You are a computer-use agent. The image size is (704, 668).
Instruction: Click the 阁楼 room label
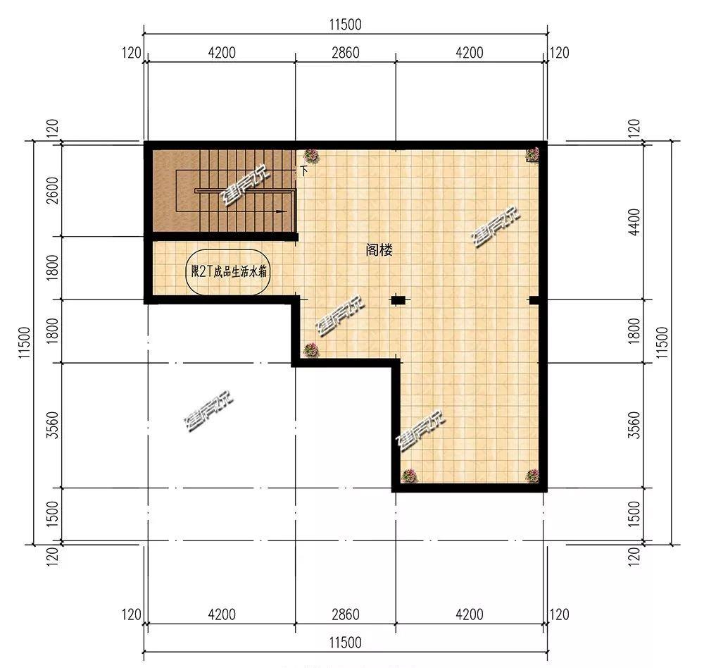[379, 249]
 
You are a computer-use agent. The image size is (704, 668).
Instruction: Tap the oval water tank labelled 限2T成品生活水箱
[227, 271]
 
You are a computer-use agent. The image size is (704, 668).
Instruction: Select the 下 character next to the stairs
[304, 171]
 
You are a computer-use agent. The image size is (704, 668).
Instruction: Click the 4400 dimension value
[635, 221]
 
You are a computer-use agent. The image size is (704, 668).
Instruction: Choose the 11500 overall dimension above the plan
[344, 25]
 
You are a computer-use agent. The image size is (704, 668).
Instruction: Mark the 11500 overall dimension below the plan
[344, 643]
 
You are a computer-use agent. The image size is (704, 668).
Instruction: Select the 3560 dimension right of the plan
[635, 425]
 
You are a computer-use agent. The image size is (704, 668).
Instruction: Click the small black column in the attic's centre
[398, 300]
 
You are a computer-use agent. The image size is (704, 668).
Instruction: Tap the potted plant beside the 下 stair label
[310, 156]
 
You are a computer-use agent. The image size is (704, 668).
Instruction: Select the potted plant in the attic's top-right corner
[533, 154]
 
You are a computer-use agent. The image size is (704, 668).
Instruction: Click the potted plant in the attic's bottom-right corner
[532, 476]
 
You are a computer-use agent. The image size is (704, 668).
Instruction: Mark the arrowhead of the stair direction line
[283, 211]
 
